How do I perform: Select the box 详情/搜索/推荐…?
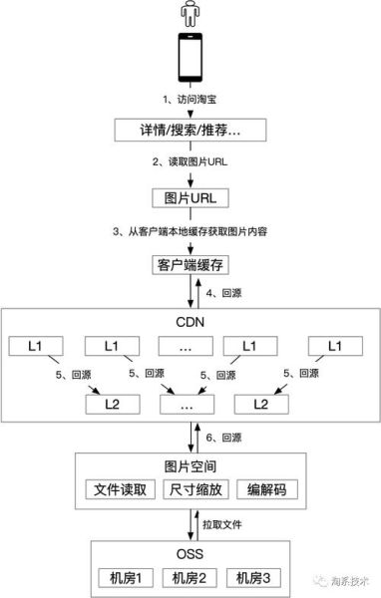(x=189, y=131)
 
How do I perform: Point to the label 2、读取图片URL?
(x=189, y=163)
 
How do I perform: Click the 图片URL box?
(x=189, y=196)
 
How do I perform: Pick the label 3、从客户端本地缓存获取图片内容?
(x=189, y=231)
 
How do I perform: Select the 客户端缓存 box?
(x=189, y=264)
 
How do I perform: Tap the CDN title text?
(x=190, y=321)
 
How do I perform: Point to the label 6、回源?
(x=222, y=437)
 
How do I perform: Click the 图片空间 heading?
(x=190, y=465)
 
